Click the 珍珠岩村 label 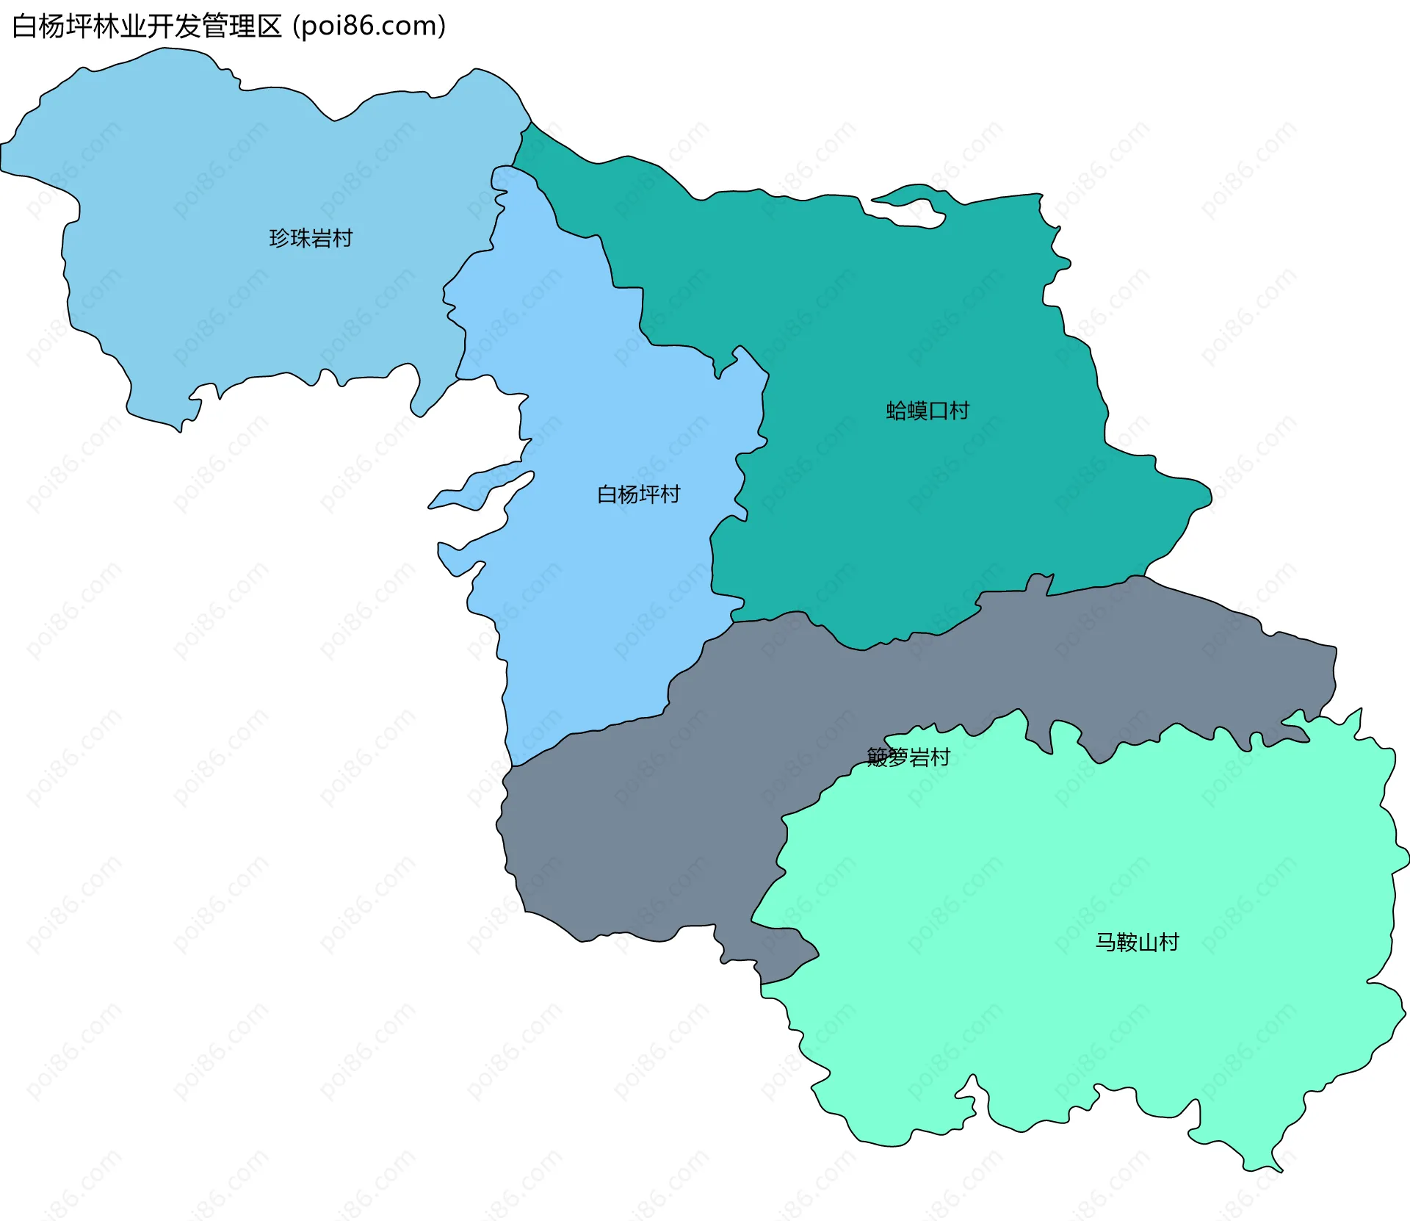[311, 238]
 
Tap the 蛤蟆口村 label [928, 411]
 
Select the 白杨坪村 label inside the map [638, 494]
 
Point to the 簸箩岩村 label [908, 757]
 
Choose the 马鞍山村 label [1137, 942]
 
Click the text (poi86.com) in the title [369, 26]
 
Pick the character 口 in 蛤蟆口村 [938, 411]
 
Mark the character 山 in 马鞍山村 [1148, 942]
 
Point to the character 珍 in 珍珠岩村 [280, 238]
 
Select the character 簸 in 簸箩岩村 [878, 757]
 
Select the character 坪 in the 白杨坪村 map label [648, 494]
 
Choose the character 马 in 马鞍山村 [1106, 942]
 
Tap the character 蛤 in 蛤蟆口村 [897, 411]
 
